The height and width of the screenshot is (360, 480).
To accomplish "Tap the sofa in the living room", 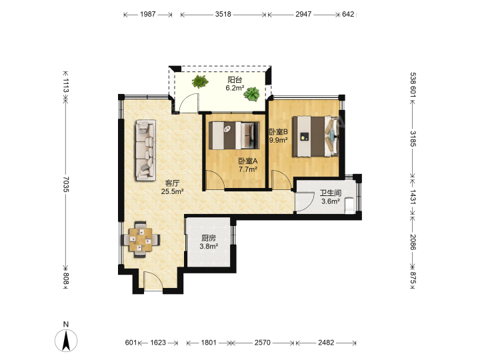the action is (146, 150).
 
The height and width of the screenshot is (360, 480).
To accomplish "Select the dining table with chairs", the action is (141, 239).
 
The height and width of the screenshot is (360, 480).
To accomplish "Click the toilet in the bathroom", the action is (349, 205).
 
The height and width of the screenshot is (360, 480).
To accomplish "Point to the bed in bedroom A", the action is (234, 135).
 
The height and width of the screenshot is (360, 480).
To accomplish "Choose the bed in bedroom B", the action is (316, 137).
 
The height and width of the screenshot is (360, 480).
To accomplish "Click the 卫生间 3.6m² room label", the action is (331, 197).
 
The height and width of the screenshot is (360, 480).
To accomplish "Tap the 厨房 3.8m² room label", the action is (209, 242).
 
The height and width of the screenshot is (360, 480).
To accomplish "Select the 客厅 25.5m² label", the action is (173, 187).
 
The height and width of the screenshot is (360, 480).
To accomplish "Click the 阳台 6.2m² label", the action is (235, 84).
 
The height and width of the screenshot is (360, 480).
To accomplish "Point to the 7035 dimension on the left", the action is (66, 184).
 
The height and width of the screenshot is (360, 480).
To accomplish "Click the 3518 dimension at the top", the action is (223, 14).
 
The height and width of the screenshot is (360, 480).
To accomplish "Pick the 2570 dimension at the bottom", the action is (263, 343).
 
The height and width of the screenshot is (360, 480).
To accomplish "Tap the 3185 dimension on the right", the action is (413, 139).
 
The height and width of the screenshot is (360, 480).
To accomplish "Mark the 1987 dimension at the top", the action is (148, 14).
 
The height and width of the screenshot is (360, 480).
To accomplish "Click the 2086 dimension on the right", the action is (413, 242).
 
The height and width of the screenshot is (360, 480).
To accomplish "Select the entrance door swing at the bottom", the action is (153, 280).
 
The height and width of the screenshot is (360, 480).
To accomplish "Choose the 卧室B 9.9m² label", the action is (279, 136).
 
